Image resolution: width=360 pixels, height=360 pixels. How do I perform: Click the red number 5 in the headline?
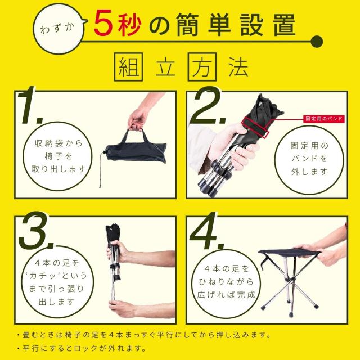[106, 24]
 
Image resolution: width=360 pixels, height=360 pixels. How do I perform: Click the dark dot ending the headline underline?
[317, 41]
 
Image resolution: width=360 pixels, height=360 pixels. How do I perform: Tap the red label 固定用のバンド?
[324, 119]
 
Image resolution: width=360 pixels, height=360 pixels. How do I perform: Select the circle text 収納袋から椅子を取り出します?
[56, 156]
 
